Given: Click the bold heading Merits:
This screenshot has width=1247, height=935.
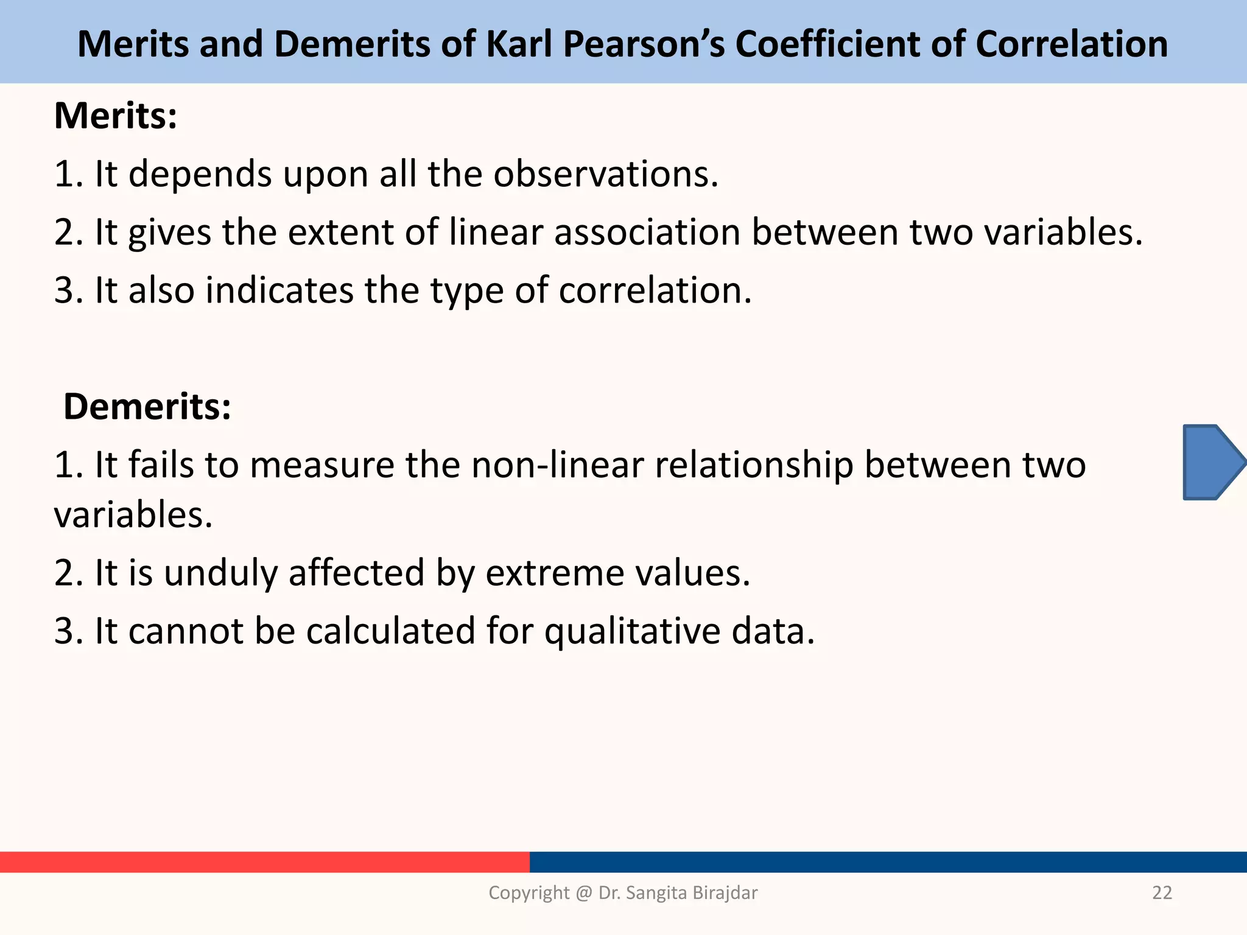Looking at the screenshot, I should tap(116, 116).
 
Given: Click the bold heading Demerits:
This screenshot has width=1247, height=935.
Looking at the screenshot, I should tap(147, 406).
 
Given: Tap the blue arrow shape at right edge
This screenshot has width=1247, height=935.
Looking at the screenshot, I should tap(1212, 463).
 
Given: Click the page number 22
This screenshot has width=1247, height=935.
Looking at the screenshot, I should tap(1162, 892).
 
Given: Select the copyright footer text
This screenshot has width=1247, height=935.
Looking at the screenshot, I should tap(623, 892).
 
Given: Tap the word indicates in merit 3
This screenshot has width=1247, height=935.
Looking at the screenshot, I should tap(279, 290).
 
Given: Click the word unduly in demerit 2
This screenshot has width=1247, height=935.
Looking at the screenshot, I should tap(220, 573).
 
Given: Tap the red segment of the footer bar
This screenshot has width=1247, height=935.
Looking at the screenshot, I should tap(265, 862).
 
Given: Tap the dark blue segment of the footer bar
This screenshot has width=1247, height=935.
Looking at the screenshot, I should tap(888, 862).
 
